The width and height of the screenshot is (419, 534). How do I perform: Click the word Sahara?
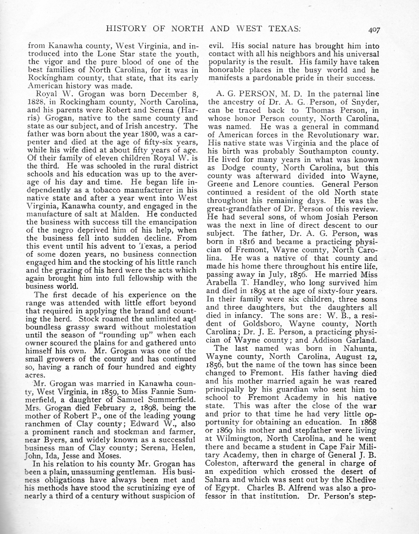[x=219, y=480]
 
